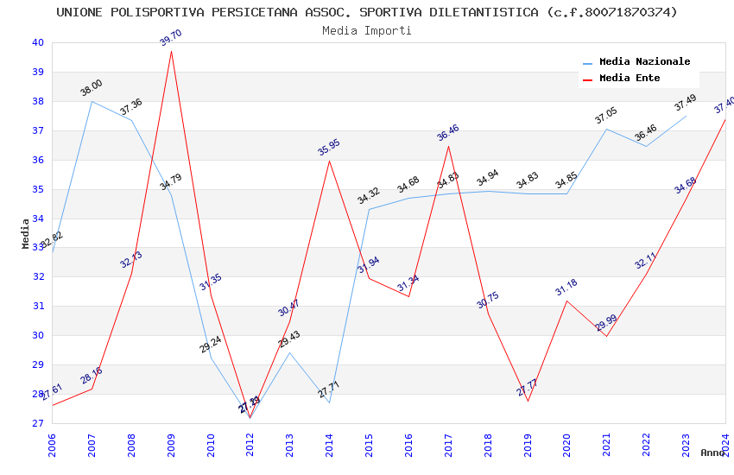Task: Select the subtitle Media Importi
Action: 367,30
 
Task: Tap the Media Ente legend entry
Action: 629,78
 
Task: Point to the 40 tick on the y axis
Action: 37,42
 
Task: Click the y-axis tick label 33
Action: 37,247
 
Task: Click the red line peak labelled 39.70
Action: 171,51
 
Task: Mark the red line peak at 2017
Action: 448,146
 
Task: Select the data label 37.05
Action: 606,116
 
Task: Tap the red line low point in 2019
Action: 528,401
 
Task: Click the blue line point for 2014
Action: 329,402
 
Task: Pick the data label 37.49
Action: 686,103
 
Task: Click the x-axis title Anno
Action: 712,453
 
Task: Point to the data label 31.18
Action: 566,288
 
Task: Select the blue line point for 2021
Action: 606,129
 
